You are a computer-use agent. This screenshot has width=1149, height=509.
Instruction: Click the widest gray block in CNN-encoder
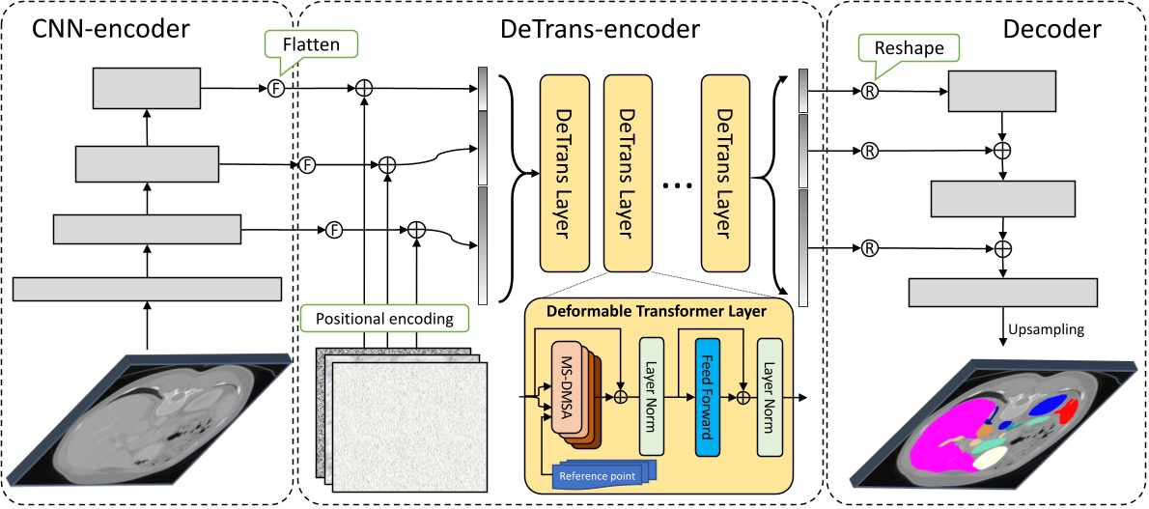(147, 290)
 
